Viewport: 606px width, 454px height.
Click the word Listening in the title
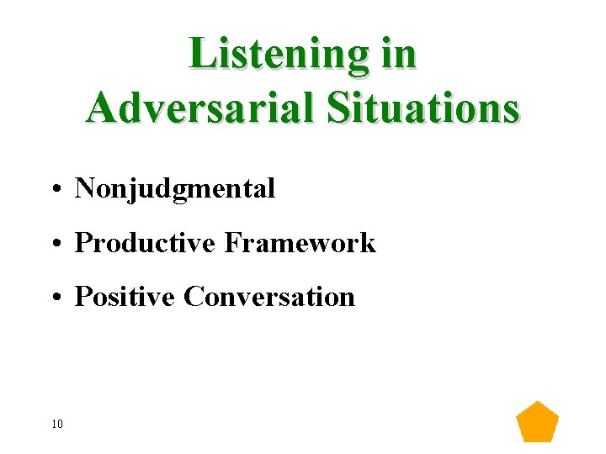pyautogui.click(x=274, y=54)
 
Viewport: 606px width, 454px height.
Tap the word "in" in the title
pyautogui.click(x=398, y=54)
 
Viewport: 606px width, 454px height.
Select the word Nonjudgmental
pyautogui.click(x=175, y=189)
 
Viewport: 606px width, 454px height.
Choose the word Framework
pyautogui.click(x=300, y=243)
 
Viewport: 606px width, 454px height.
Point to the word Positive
pyautogui.click(x=125, y=297)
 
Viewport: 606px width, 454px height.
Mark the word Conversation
pyautogui.click(x=269, y=297)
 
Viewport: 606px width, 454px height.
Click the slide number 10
pyautogui.click(x=57, y=424)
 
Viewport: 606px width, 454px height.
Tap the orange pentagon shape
pyautogui.click(x=537, y=423)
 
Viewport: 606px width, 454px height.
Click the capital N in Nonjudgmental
pyautogui.click(x=84, y=189)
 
